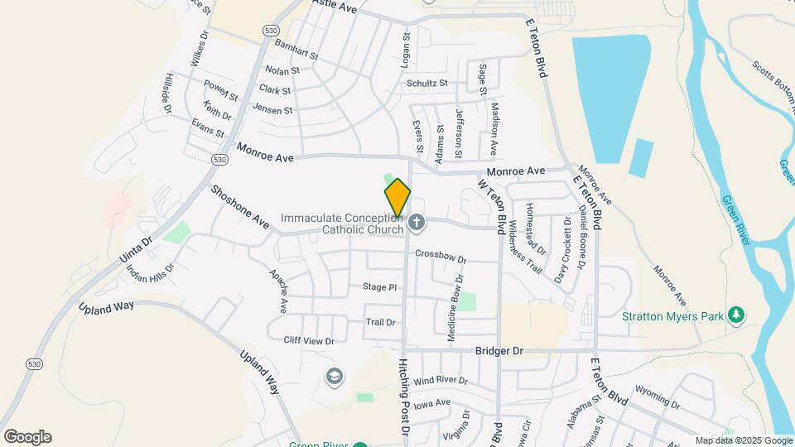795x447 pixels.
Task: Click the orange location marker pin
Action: point(397,198)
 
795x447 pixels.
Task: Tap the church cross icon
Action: point(417,223)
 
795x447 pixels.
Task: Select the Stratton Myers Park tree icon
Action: point(735,315)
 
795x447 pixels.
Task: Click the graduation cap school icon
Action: point(334,377)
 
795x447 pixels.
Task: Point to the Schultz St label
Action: point(426,84)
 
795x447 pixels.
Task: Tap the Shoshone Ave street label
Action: point(239,207)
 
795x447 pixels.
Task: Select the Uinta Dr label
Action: point(137,248)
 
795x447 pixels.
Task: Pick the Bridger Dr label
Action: point(499,351)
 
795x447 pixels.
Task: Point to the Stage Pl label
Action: point(380,287)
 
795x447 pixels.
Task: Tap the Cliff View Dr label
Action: point(308,340)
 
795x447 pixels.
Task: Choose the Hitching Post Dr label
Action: point(405,396)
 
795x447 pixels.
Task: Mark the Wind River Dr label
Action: point(441,382)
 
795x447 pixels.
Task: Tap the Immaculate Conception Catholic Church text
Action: point(341,223)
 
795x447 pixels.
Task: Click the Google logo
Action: point(27,437)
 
